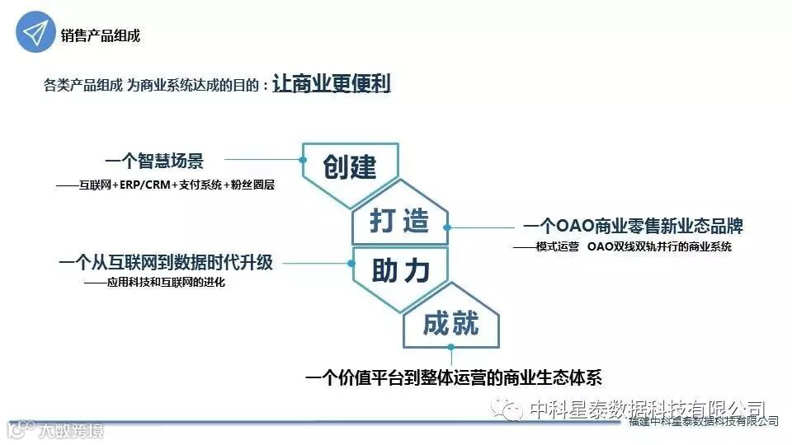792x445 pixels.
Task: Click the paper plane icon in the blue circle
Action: (35, 34)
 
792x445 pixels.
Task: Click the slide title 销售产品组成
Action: (100, 35)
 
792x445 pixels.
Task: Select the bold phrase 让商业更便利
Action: (331, 84)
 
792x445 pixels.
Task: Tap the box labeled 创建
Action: (350, 167)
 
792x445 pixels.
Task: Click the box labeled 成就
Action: (450, 324)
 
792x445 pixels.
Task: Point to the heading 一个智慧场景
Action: (153, 160)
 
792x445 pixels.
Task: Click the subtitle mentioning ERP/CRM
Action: (165, 185)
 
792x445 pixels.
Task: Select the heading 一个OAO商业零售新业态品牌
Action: (633, 227)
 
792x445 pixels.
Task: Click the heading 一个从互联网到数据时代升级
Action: (165, 264)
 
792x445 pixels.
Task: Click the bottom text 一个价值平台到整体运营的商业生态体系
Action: (454, 378)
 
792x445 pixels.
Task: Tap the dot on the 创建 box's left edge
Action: (304, 160)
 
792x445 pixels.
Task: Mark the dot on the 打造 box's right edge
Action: (446, 227)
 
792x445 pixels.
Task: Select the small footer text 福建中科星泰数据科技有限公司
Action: (703, 421)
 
